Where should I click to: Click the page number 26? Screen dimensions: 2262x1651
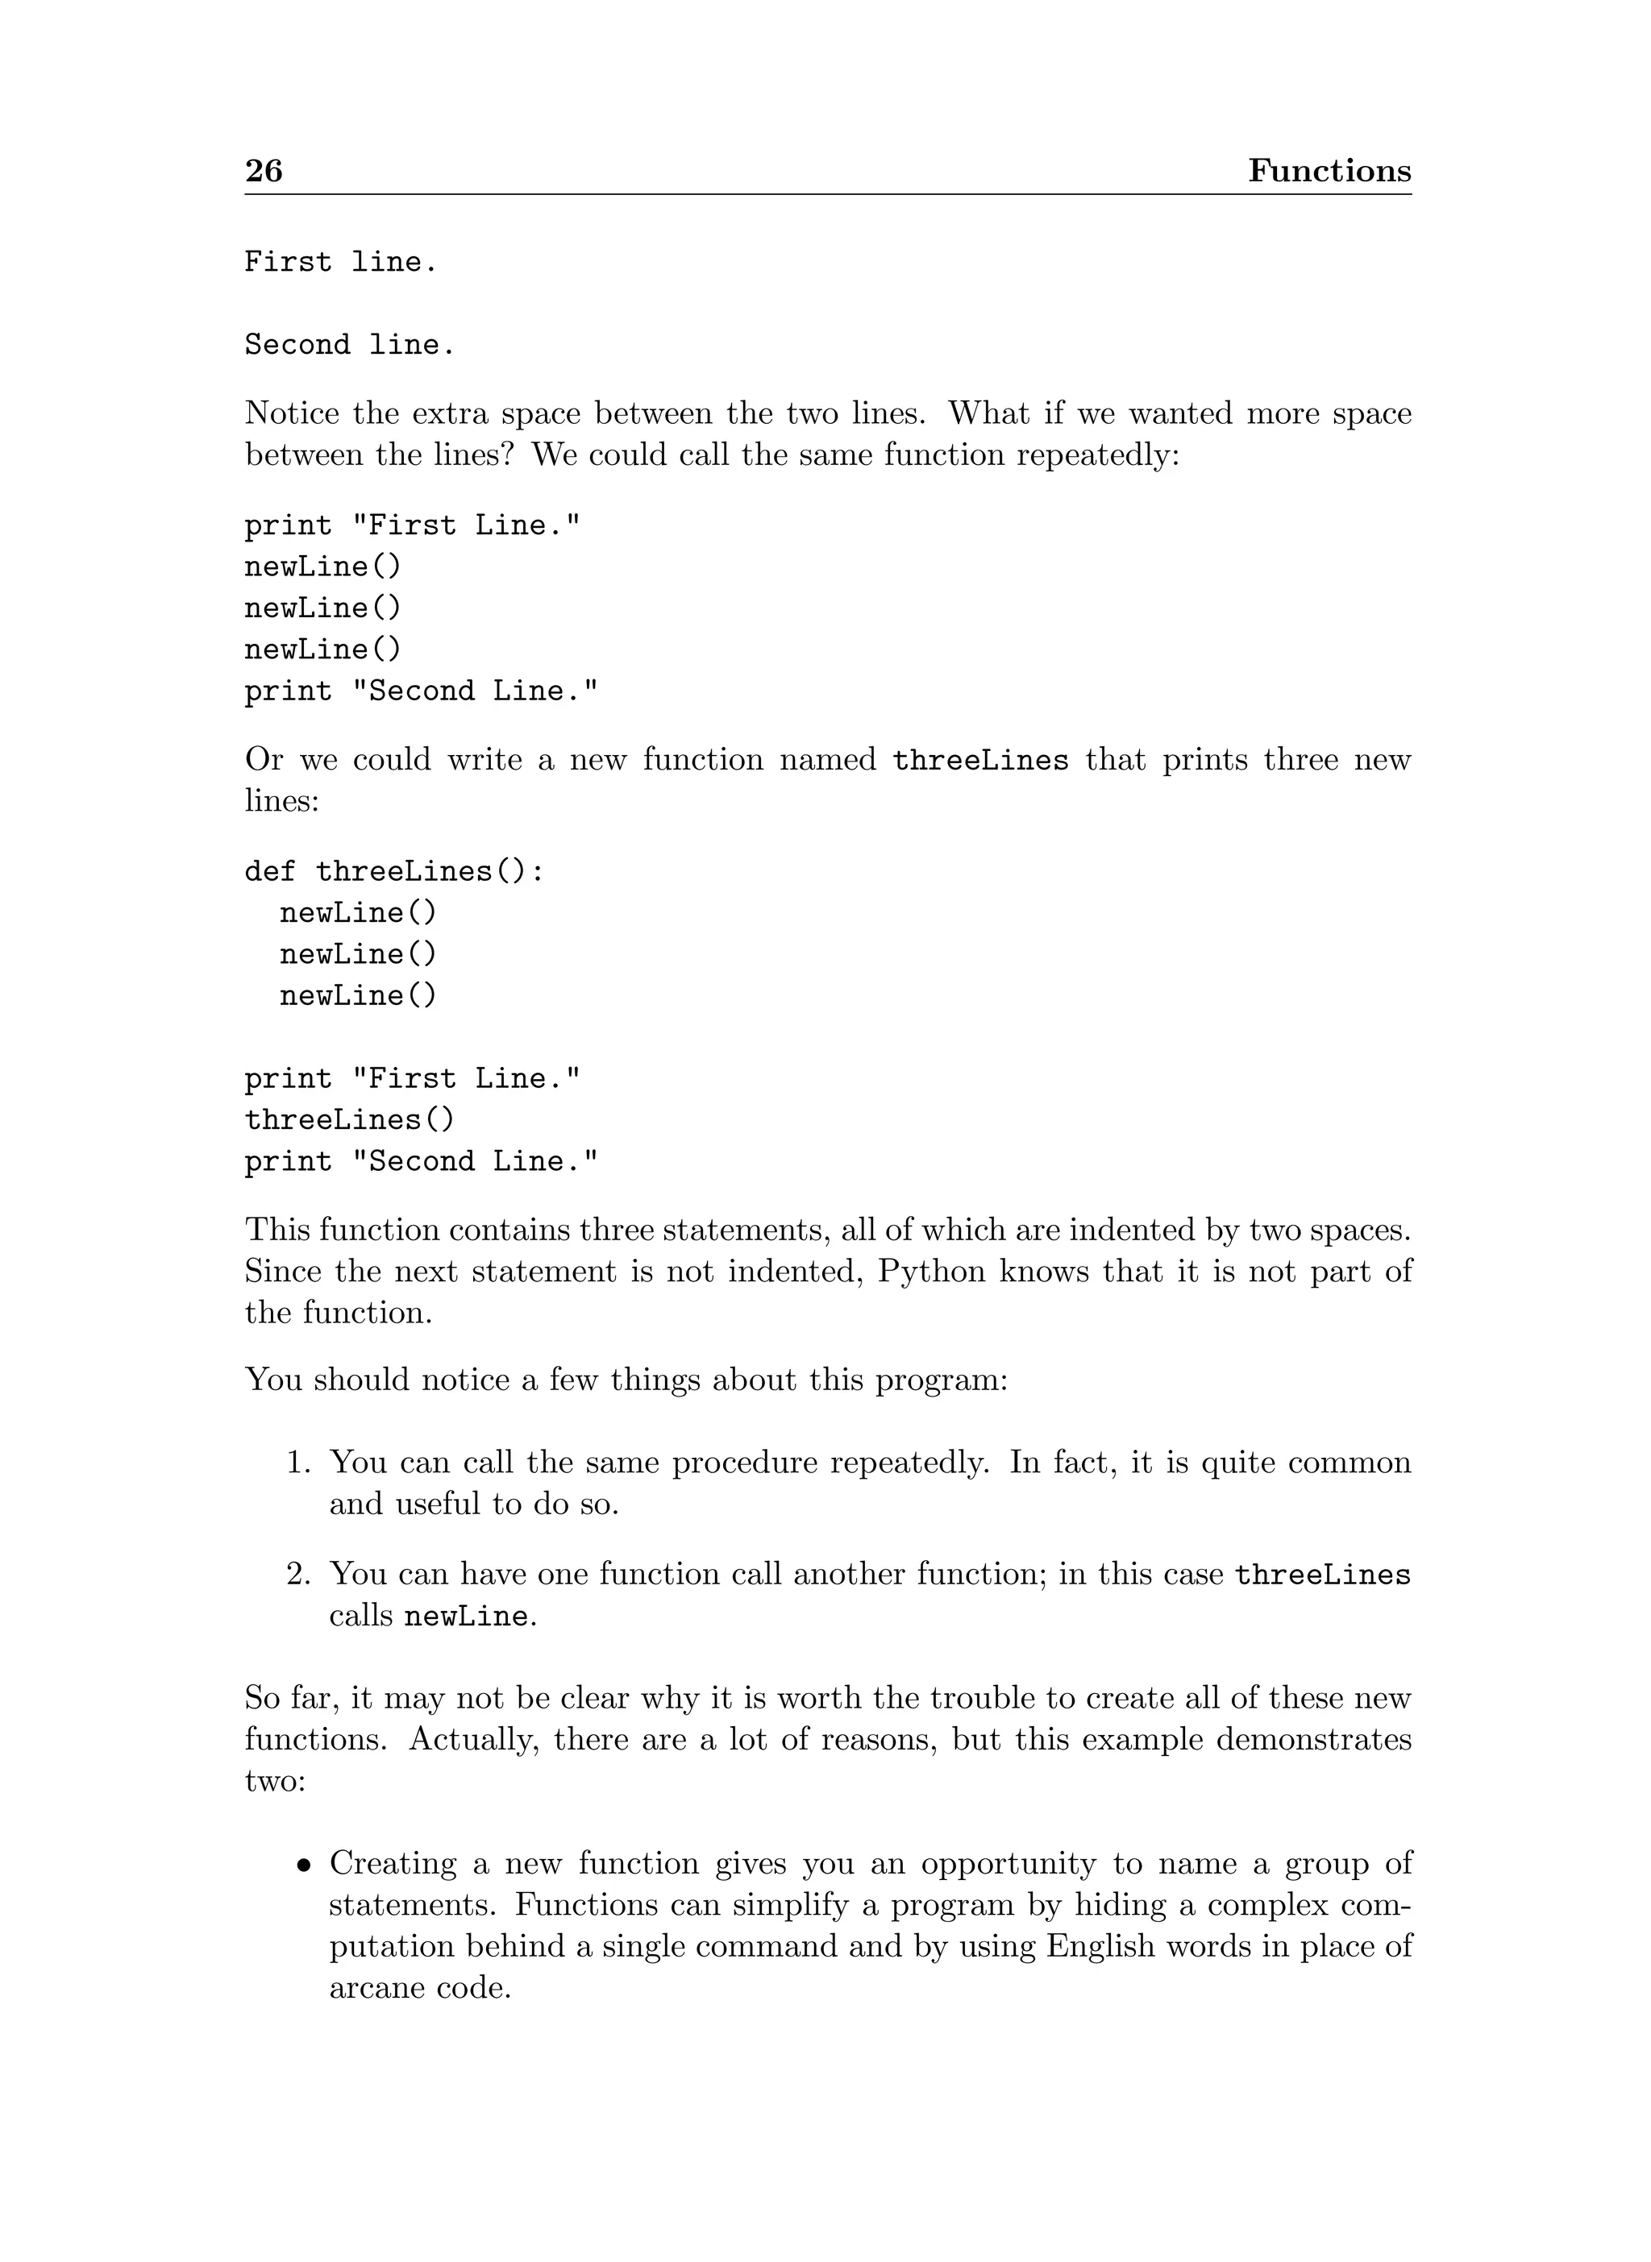(264, 171)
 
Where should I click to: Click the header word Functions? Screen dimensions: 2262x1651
(1329, 171)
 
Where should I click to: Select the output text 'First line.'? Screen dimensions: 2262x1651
(341, 263)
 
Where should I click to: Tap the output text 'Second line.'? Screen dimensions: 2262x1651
(350, 346)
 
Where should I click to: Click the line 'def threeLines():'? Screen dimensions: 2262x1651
(395, 872)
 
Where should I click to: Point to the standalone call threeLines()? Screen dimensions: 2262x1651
(350, 1120)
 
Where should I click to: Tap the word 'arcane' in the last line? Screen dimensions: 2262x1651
(376, 1988)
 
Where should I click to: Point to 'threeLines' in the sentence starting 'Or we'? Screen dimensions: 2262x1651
(980, 761)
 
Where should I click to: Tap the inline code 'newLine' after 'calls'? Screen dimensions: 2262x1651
(466, 1617)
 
